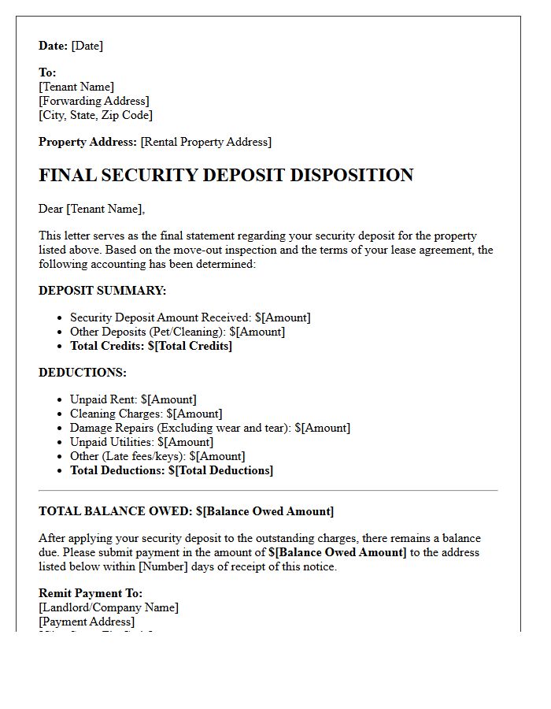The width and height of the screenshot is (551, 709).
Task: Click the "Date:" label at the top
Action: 54,46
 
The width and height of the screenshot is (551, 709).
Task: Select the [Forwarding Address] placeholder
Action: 94,101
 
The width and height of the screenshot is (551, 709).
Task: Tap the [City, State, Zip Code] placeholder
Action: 95,115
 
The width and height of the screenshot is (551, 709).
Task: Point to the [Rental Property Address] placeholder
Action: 205,142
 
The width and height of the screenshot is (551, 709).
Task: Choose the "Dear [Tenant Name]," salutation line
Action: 92,209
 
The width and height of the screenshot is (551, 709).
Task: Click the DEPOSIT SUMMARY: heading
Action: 102,291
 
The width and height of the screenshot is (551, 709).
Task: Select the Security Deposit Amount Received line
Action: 190,317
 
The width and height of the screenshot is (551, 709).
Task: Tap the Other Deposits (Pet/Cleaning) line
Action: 177,332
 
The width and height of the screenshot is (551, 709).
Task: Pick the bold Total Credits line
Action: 151,346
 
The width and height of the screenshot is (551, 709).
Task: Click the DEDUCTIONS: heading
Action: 83,373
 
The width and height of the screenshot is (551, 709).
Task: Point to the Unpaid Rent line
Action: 133,399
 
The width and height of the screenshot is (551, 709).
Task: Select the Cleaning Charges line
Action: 146,414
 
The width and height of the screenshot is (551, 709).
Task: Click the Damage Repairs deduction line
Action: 209,428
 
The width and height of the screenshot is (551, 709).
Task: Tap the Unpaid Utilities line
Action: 141,442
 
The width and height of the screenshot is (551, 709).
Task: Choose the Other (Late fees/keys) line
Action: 157,456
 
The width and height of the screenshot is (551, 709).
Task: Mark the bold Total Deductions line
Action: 172,470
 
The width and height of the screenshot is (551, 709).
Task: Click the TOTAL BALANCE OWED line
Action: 186,511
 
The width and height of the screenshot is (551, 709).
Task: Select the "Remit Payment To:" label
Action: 91,593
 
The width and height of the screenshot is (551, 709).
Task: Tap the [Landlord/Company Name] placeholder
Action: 109,607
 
